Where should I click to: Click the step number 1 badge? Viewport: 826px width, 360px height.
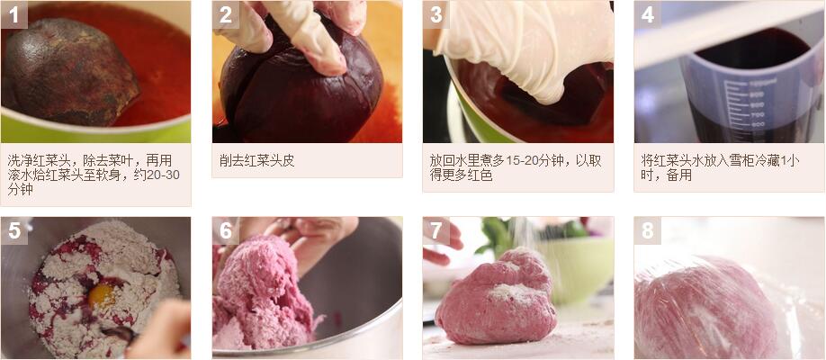14,14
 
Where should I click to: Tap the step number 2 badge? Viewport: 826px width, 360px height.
226,14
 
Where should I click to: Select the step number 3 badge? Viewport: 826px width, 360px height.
436,14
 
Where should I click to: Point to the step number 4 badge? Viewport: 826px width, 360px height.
648,14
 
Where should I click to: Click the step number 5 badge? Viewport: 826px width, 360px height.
14,231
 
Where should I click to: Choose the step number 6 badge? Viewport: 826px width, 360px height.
226,231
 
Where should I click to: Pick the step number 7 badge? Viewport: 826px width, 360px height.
436,231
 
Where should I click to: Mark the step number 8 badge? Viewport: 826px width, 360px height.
648,231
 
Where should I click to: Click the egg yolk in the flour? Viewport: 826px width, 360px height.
102,297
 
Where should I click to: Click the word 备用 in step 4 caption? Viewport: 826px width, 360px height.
679,175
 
